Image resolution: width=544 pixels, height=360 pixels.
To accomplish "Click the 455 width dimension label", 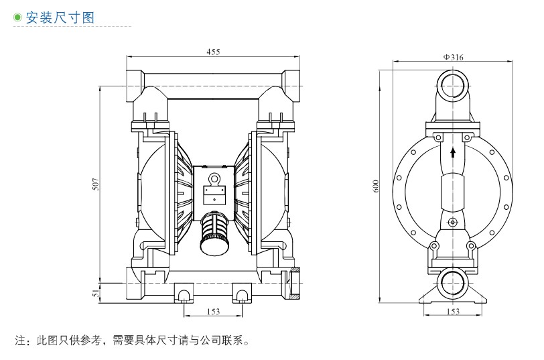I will (x=213, y=52).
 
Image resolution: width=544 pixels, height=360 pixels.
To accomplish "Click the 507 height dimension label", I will (x=96, y=184).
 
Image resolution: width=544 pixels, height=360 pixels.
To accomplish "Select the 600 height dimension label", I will (x=376, y=185).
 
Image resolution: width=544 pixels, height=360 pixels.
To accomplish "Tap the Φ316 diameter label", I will (x=453, y=58).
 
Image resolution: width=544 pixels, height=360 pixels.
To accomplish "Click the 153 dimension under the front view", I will (x=212, y=311).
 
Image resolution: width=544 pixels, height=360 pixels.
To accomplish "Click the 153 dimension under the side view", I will (x=453, y=311).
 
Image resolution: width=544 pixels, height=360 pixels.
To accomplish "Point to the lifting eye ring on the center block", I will (x=214, y=178).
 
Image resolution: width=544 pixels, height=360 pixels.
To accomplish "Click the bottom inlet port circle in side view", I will (x=454, y=284).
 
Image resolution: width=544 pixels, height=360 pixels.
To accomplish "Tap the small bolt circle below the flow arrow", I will (x=453, y=222).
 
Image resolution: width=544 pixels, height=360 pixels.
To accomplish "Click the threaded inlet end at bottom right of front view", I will (x=295, y=283).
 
